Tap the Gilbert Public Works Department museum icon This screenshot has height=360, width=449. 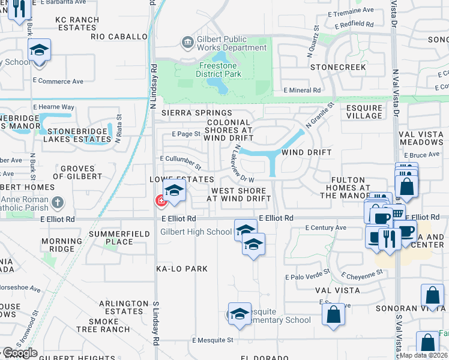187,42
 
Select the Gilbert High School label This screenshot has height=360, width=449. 196,232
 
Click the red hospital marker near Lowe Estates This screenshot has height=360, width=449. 161,201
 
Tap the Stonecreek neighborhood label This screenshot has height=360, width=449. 338,67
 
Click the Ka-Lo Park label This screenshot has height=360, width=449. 182,269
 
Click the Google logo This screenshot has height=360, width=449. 19,353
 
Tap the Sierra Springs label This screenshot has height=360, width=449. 197,113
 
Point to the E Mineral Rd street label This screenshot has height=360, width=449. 301,91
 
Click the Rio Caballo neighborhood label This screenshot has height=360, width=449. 119,37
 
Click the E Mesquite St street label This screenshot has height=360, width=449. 212,340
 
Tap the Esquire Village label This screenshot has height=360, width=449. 364,112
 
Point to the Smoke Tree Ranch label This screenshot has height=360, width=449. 119,325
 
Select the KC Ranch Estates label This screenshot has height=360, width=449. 77,23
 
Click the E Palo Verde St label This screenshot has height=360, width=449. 308,278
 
